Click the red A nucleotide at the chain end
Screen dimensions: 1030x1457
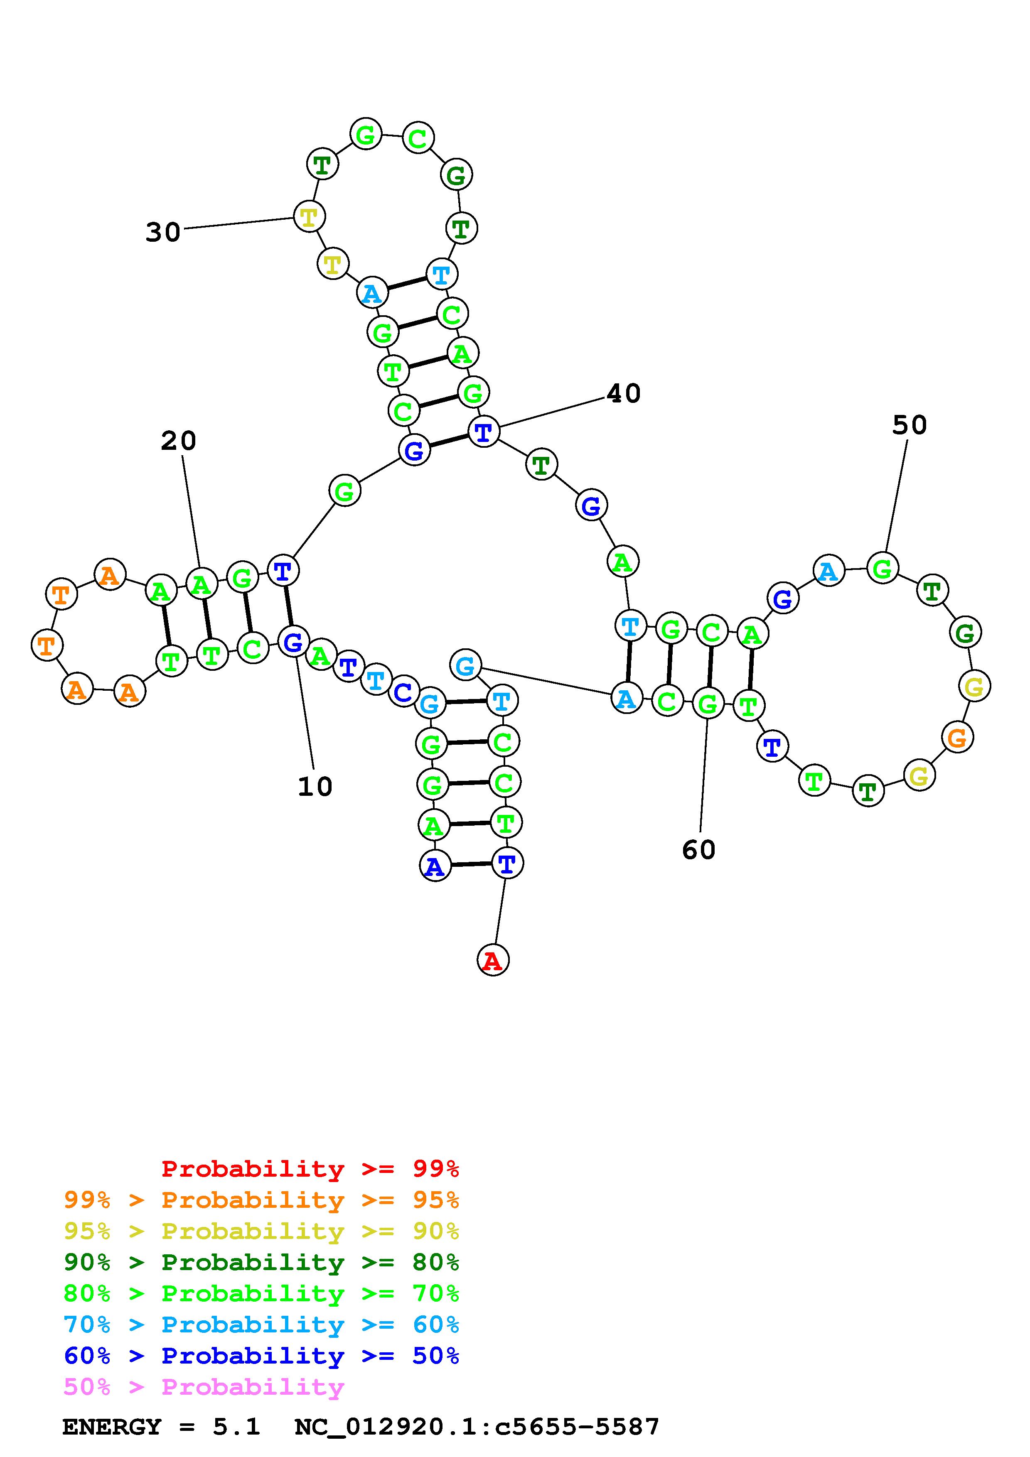492,961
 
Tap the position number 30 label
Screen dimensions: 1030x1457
163,232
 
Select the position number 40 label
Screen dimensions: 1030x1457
623,393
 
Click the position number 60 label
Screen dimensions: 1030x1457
699,850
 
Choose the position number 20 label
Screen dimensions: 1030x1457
178,440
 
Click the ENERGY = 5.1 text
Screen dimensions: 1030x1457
161,1427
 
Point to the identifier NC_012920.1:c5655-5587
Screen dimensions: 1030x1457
477,1427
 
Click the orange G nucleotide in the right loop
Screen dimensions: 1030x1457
957,737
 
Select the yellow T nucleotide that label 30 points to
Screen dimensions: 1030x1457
308,216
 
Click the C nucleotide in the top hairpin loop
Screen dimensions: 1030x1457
418,138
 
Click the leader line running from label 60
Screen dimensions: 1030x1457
703,774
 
